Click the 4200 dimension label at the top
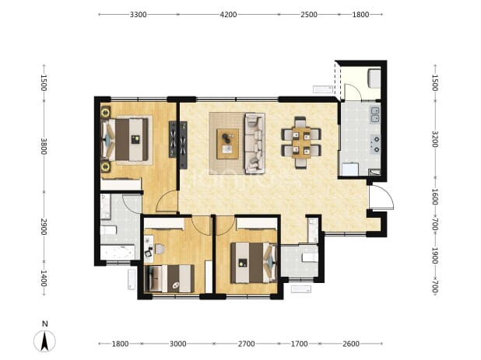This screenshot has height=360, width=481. [x=228, y=15]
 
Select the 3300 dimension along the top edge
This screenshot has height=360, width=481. [x=138, y=15]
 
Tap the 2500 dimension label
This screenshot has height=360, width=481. [x=308, y=15]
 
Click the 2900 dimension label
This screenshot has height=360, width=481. [x=44, y=227]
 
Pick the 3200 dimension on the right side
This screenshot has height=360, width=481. [x=435, y=139]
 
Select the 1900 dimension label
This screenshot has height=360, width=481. [x=435, y=256]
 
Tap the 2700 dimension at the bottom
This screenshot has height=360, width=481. [x=246, y=344]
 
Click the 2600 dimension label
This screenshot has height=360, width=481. [x=351, y=344]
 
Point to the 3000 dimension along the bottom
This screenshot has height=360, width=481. [x=178, y=344]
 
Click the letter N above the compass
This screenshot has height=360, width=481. [x=45, y=324]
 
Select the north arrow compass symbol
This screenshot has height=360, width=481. [x=44, y=341]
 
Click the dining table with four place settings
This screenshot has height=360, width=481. [x=301, y=142]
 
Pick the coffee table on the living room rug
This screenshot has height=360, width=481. [x=227, y=144]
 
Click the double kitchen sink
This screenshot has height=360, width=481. [x=375, y=114]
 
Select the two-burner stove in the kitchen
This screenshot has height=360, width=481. [x=375, y=145]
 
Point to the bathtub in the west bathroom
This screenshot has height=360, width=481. [x=118, y=252]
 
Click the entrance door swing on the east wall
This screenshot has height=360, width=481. [x=381, y=197]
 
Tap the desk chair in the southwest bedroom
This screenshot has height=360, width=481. [x=160, y=249]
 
